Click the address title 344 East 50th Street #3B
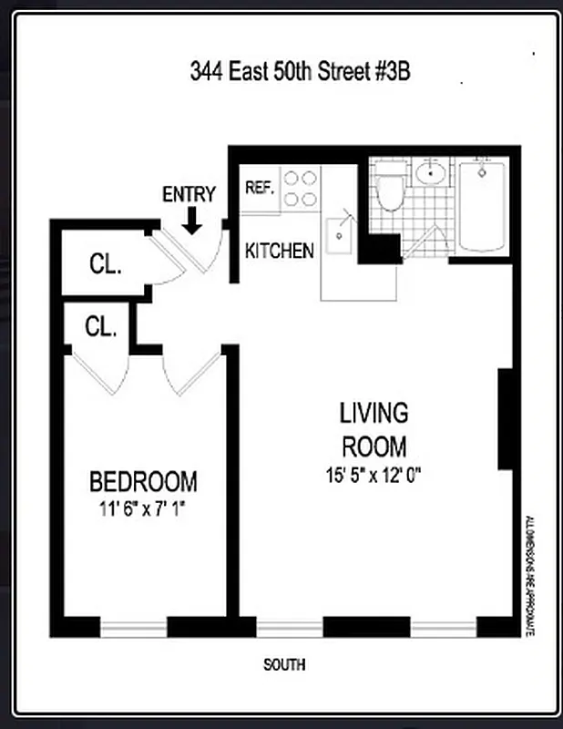pyautogui.click(x=300, y=70)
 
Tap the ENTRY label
pyautogui.click(x=189, y=194)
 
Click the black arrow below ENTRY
pyautogui.click(x=192, y=220)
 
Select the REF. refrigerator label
pyautogui.click(x=260, y=188)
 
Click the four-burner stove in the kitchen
pyautogui.click(x=301, y=189)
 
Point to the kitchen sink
pyautogui.click(x=341, y=236)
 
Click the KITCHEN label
pyautogui.click(x=280, y=251)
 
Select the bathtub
pyautogui.click(x=482, y=204)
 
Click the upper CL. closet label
pyautogui.click(x=106, y=264)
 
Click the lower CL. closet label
pyautogui.click(x=101, y=326)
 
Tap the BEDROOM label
pyautogui.click(x=143, y=481)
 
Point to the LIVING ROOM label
pyautogui.click(x=374, y=430)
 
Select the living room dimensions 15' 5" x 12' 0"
pyautogui.click(x=374, y=475)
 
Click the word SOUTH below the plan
pyautogui.click(x=284, y=665)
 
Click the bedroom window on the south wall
pyautogui.click(x=133, y=627)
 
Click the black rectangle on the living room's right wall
pyautogui.click(x=506, y=419)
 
